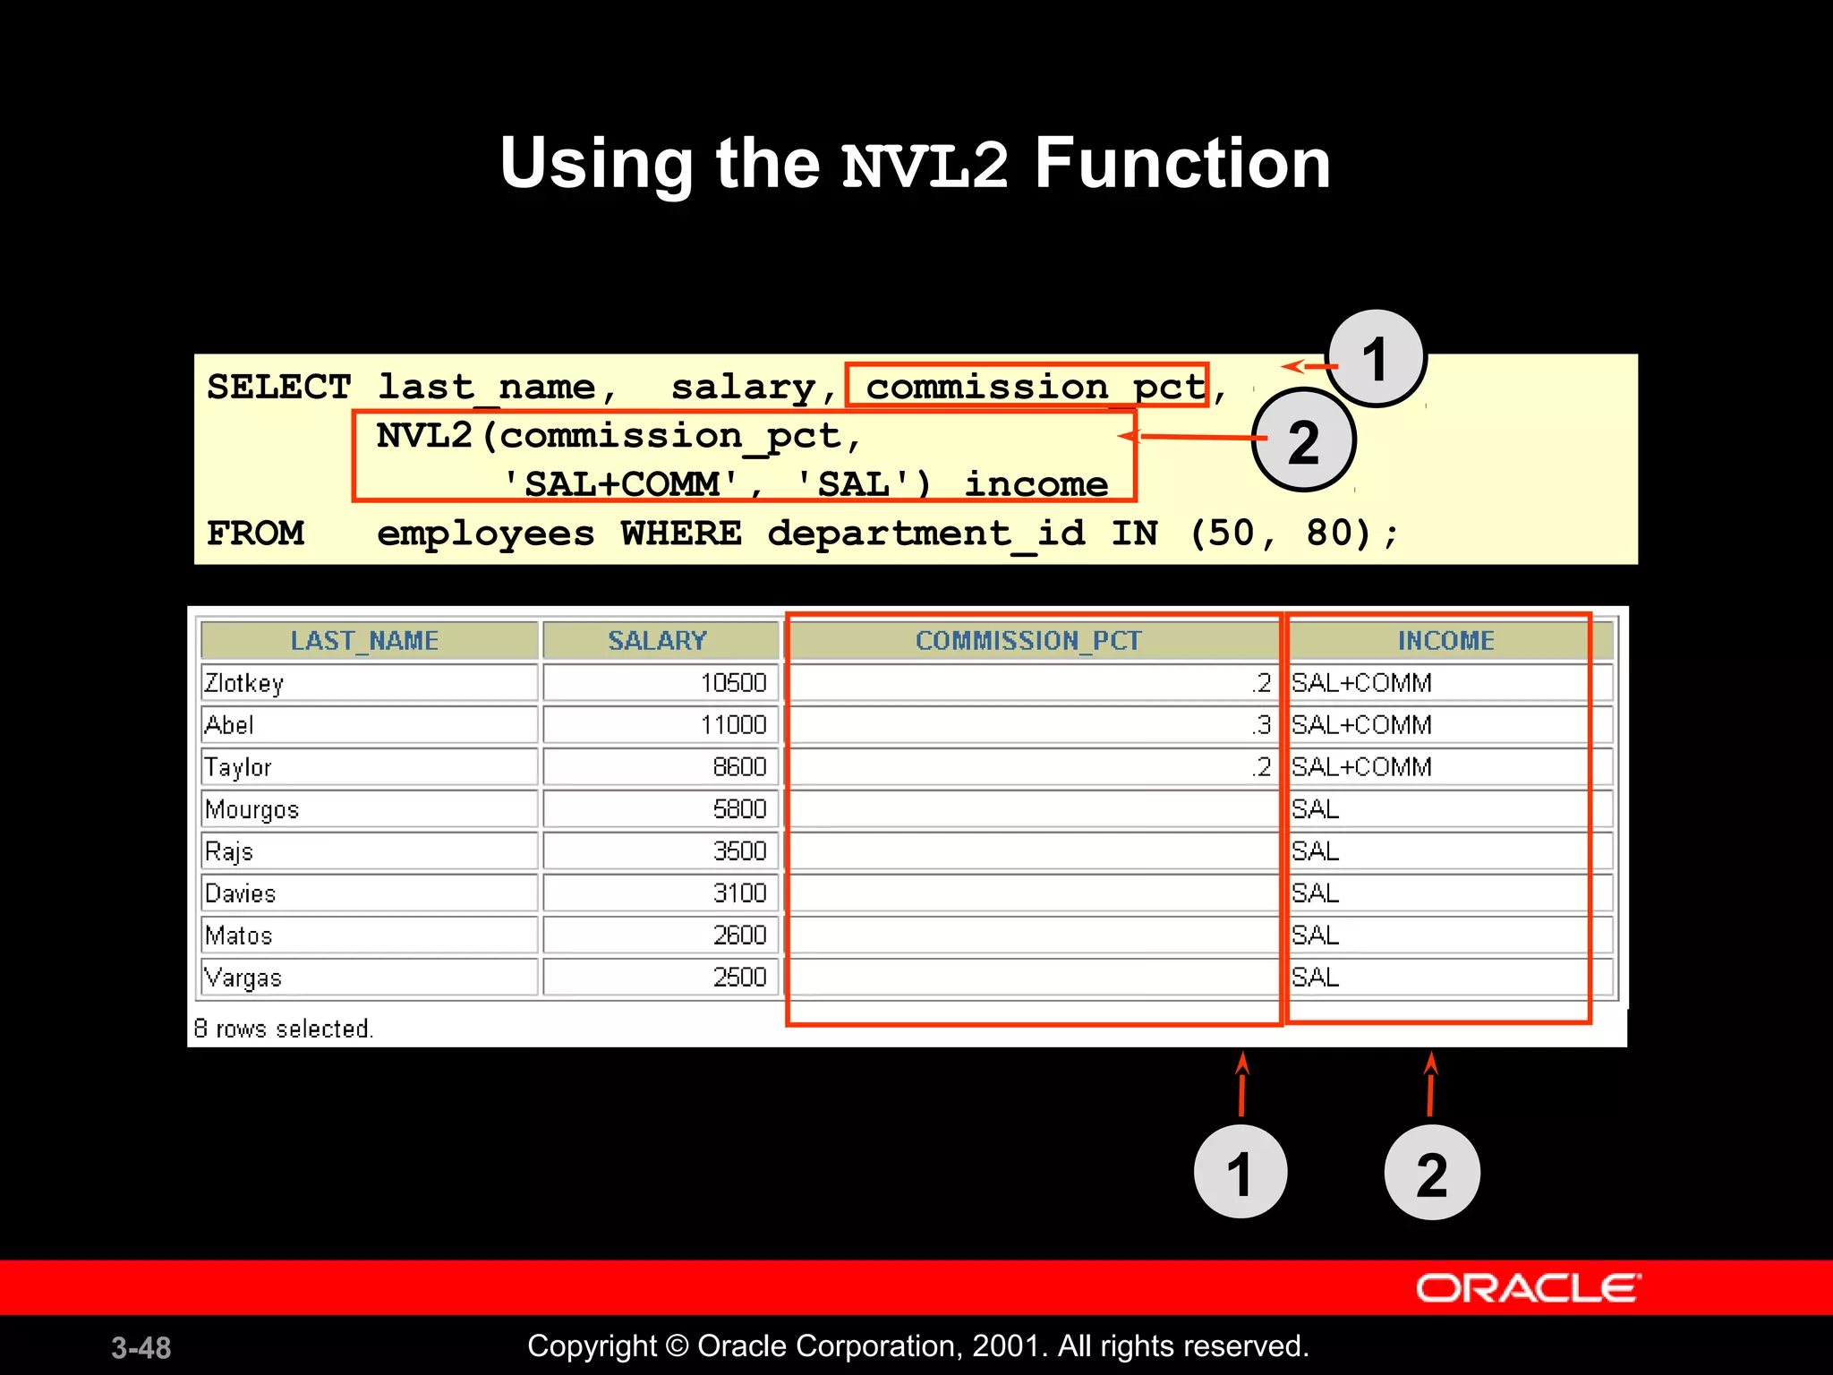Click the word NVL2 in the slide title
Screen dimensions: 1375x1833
(925, 166)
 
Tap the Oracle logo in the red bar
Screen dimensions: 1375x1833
(1528, 1288)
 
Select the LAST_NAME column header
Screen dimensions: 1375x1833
(364, 641)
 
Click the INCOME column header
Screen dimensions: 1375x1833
(1445, 641)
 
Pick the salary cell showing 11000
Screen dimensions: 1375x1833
(733, 725)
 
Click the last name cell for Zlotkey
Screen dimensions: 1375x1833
(244, 683)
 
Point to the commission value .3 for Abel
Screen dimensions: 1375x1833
(1261, 725)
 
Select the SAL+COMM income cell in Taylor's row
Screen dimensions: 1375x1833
(1361, 767)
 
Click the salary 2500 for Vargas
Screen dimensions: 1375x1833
(739, 978)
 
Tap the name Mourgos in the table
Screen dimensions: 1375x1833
(252, 809)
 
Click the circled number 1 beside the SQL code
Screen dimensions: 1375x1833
(1376, 359)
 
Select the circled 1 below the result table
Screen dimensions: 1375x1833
(1240, 1173)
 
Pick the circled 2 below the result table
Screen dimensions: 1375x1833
(1431, 1174)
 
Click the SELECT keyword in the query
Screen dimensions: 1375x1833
(278, 388)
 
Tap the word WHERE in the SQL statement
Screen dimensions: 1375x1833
(681, 534)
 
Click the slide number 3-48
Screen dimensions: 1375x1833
(141, 1347)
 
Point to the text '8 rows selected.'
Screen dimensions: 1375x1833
(283, 1029)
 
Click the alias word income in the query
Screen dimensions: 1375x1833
(1036, 484)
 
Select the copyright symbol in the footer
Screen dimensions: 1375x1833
(678, 1346)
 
